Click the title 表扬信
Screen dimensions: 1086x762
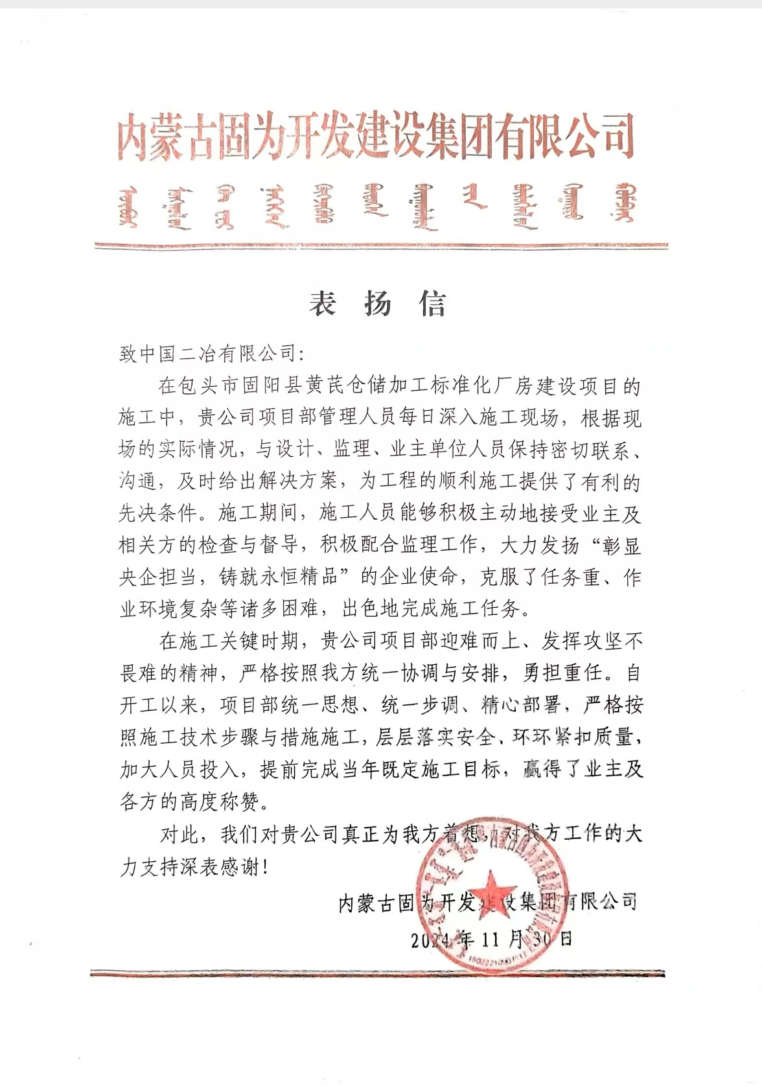(x=377, y=303)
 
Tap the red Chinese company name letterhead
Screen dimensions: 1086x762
(x=375, y=137)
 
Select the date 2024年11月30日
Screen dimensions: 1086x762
(x=492, y=939)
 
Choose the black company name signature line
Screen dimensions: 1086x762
(x=487, y=901)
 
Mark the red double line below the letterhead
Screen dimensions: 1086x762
(x=381, y=246)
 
